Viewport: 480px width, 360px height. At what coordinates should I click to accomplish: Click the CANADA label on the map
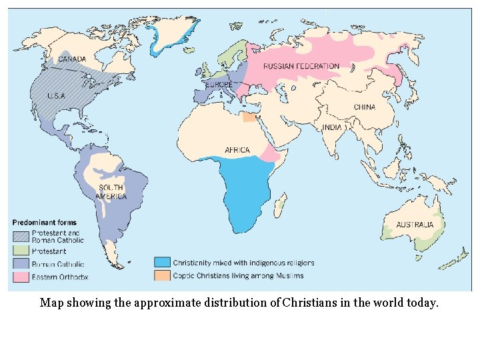click(x=71, y=59)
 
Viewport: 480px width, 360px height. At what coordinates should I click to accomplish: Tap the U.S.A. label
click(x=56, y=96)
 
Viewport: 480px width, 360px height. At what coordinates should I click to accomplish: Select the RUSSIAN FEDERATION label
click(x=301, y=66)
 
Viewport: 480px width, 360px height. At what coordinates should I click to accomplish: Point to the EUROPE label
click(x=219, y=85)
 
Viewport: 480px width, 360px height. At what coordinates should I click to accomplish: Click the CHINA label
click(x=365, y=107)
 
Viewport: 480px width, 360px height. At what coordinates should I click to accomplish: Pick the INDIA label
click(x=331, y=127)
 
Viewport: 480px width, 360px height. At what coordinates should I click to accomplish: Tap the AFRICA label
click(x=237, y=150)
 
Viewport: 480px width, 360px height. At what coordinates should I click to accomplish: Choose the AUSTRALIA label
click(x=415, y=225)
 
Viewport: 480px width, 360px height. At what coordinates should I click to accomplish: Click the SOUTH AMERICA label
click(x=111, y=192)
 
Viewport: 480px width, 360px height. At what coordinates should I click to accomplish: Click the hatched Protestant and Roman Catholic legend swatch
click(x=21, y=235)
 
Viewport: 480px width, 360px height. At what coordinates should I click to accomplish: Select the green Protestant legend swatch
click(x=21, y=251)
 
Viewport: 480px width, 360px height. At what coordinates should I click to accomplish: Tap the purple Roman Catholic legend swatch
click(x=21, y=264)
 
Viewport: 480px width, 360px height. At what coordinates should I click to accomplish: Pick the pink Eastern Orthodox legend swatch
click(x=21, y=276)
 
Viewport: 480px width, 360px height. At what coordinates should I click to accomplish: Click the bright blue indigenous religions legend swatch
click(x=162, y=262)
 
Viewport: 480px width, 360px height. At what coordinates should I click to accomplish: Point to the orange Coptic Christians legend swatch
click(x=162, y=275)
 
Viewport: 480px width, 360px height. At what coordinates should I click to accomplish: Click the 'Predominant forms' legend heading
click(x=45, y=222)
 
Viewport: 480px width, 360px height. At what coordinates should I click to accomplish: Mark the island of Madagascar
click(x=282, y=205)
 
